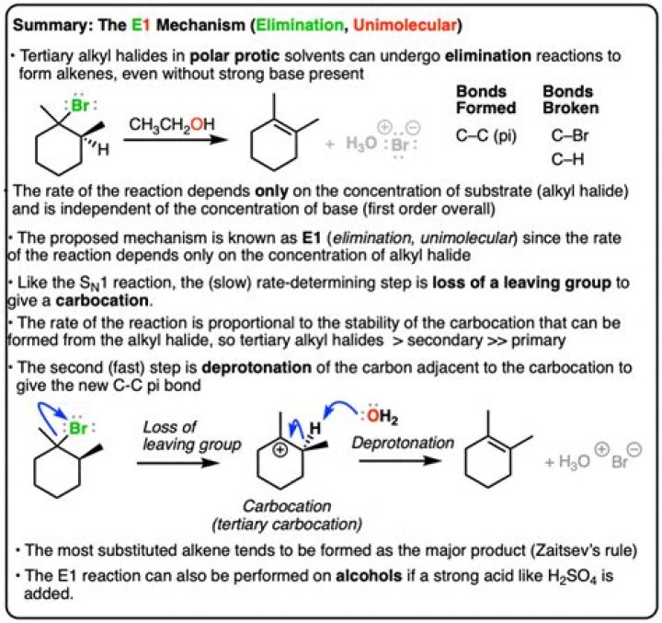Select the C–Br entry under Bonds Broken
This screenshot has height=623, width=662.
pos(566,136)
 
